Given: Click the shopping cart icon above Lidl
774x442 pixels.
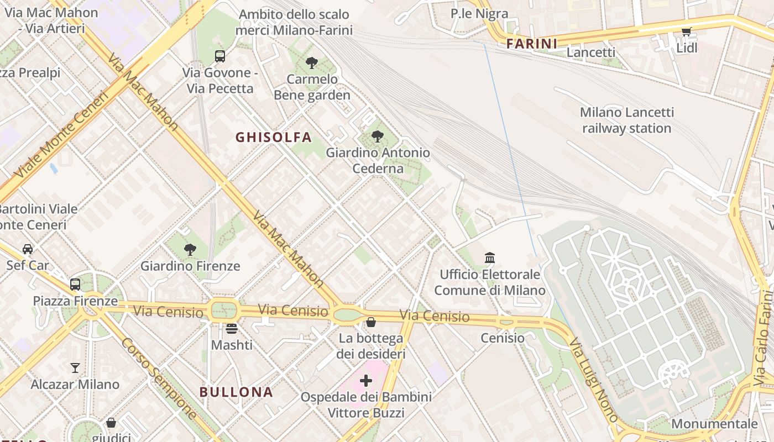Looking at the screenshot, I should [687, 32].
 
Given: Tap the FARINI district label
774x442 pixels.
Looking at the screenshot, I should [532, 44].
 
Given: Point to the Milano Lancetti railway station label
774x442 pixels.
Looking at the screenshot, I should [627, 120].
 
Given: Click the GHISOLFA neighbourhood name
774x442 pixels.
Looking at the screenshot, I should [274, 137].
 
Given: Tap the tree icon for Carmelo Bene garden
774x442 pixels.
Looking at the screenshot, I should [312, 63].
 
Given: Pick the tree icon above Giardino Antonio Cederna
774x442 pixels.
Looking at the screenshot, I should [378, 136].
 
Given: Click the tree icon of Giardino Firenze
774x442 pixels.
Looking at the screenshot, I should [190, 250].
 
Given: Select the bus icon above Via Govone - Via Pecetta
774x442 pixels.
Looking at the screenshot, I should [220, 56].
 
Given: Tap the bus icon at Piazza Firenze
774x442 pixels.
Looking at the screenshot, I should [75, 285].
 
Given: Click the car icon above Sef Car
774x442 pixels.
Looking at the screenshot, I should [28, 249].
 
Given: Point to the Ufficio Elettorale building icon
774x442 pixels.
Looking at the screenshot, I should [490, 257].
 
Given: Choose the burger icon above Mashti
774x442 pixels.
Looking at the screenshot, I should [232, 329].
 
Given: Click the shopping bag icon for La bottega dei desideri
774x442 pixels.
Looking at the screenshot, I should [371, 322].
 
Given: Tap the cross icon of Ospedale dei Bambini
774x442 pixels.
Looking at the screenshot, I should [366, 381].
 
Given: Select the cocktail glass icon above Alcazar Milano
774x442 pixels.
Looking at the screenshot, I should [75, 367].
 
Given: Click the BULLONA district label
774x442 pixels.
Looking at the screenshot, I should [236, 392].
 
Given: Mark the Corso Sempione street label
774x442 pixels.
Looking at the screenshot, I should [159, 378].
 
